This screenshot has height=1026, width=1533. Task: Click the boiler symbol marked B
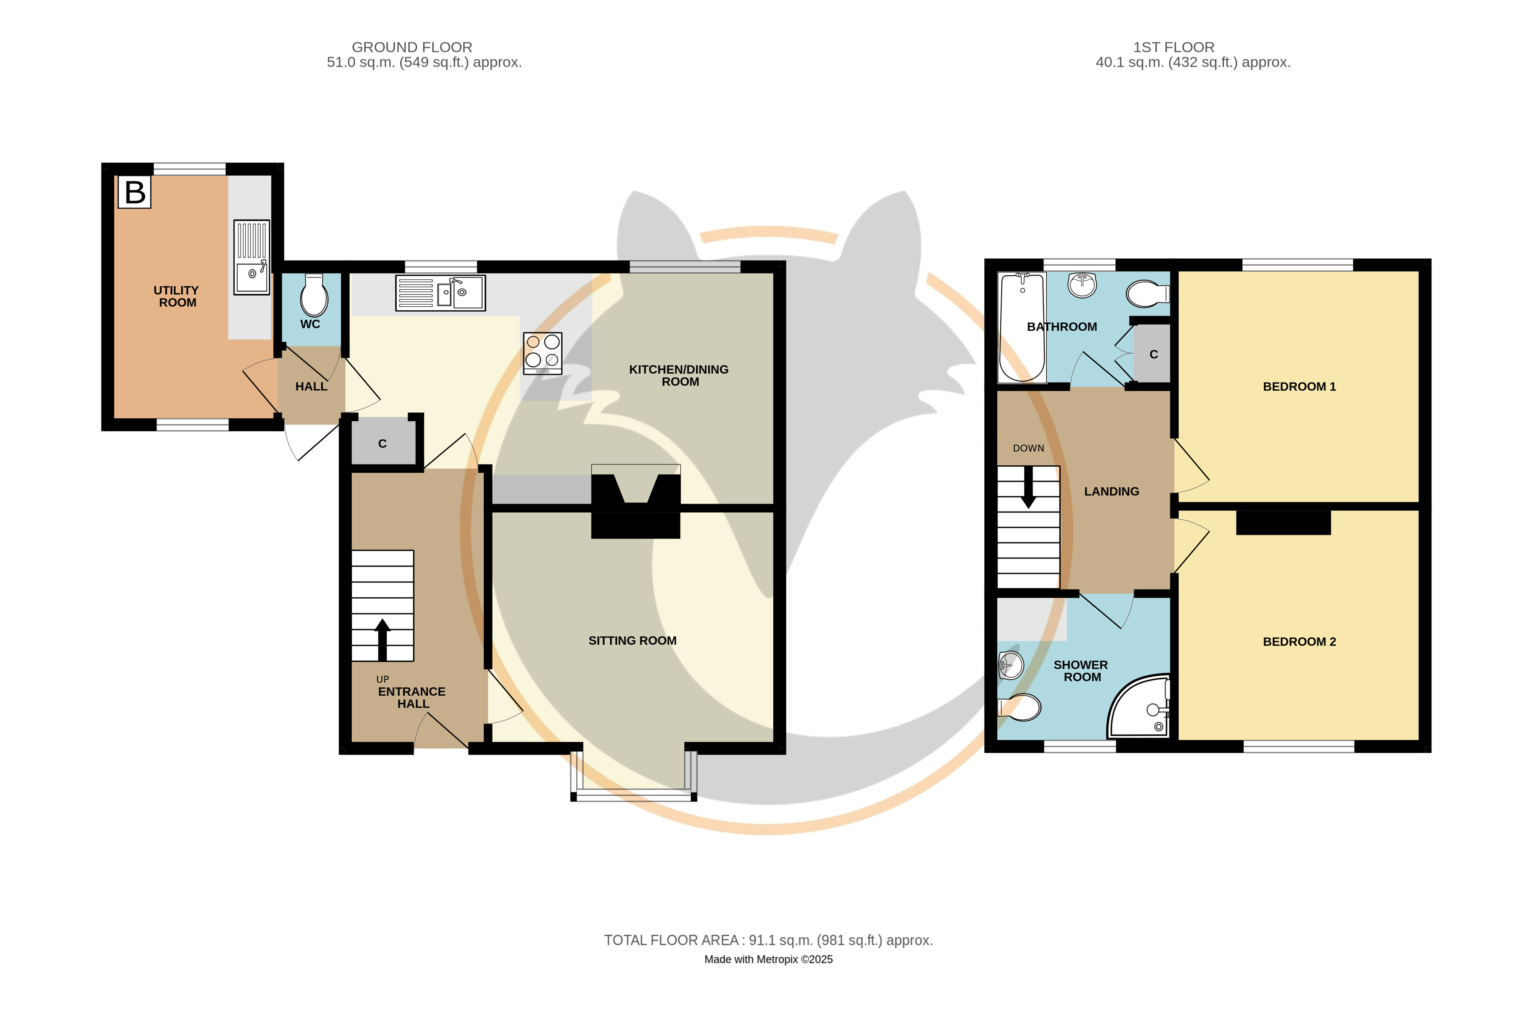click(x=134, y=192)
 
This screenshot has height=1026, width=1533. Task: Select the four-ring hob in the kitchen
click(x=543, y=353)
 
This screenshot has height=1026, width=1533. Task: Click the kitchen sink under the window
click(x=441, y=292)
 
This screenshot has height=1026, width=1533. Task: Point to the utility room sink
click(x=252, y=257)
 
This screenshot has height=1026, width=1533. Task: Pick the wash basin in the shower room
click(x=1011, y=665)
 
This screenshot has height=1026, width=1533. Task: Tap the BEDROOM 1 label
click(x=1299, y=387)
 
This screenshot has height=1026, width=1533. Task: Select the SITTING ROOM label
click(x=632, y=640)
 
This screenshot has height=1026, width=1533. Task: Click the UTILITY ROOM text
click(x=177, y=296)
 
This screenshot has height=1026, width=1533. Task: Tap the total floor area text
click(x=768, y=940)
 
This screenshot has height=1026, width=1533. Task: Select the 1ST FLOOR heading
click(x=1174, y=47)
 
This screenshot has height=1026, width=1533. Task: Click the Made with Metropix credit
click(x=768, y=959)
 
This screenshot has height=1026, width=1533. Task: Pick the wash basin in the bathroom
click(x=1082, y=285)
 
